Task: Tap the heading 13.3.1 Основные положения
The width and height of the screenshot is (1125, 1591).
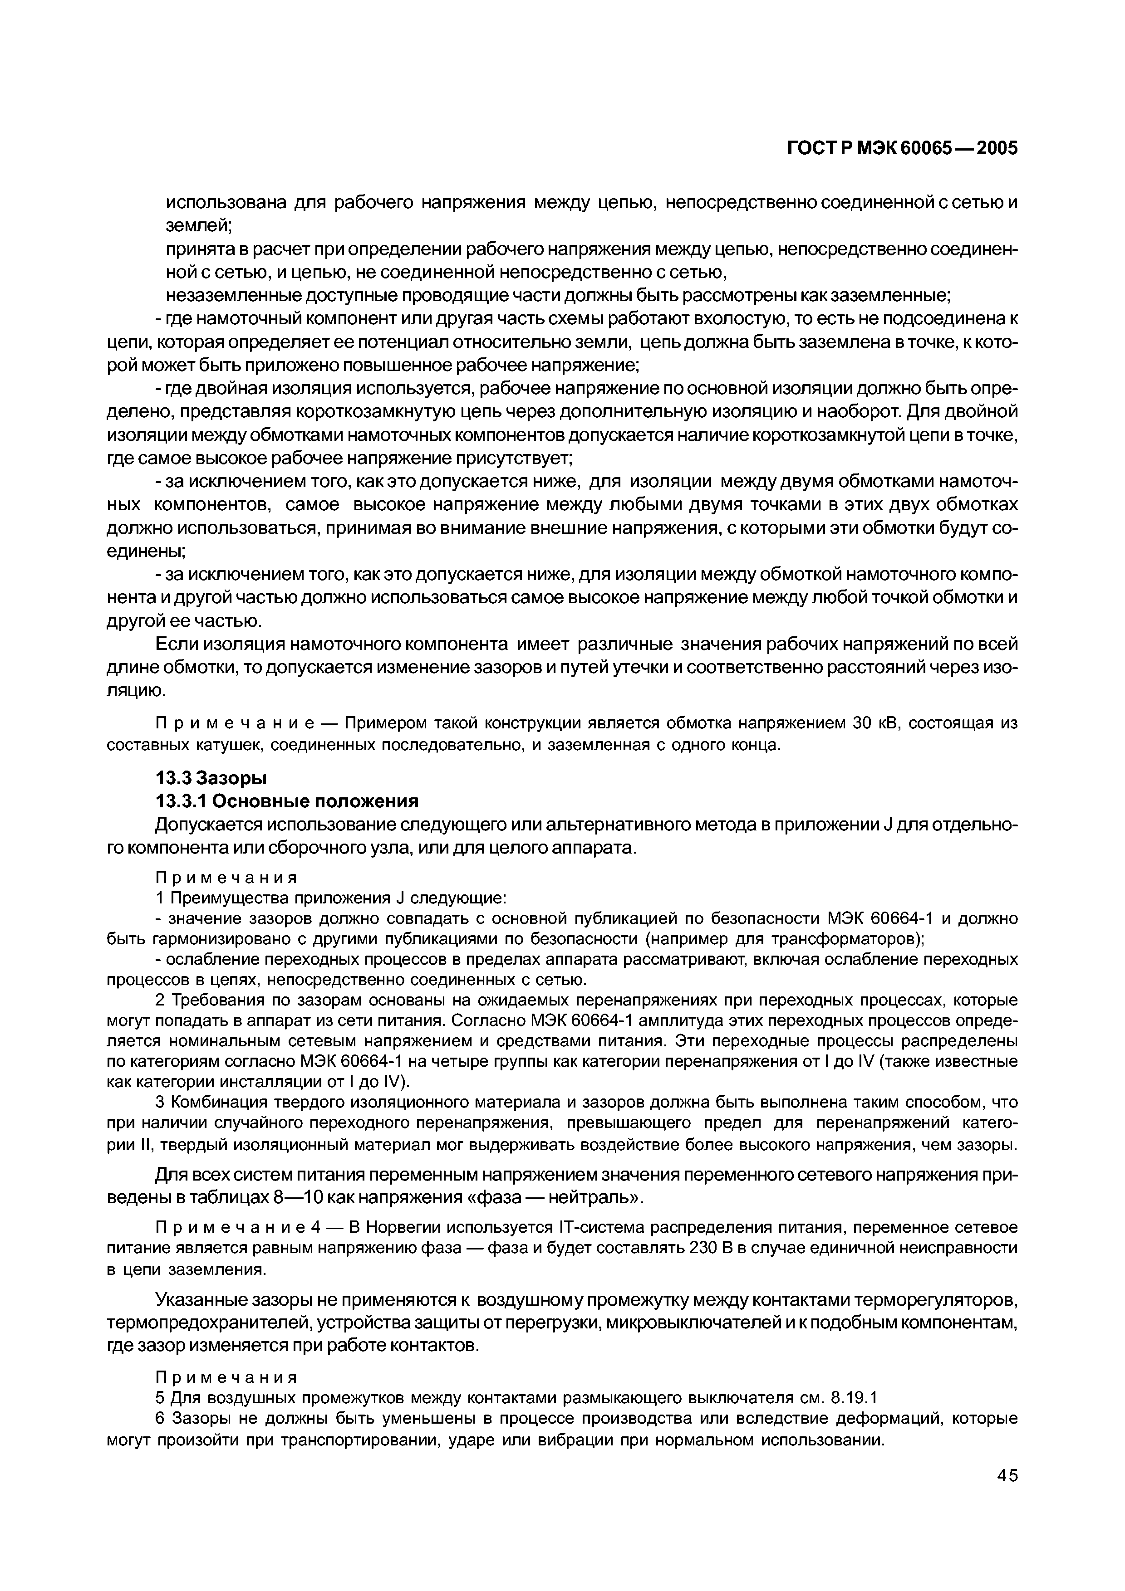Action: pyautogui.click(x=287, y=802)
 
